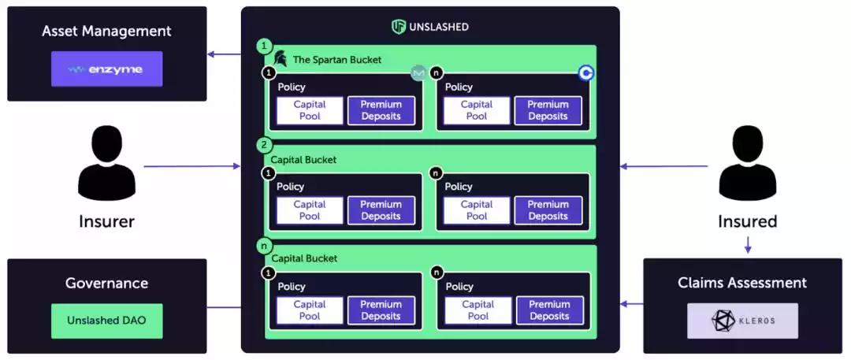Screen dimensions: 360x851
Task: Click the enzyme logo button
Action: click(107, 69)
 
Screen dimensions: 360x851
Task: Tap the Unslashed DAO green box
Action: click(107, 321)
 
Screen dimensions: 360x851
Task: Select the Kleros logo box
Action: click(742, 321)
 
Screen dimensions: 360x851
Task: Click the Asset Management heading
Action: click(107, 32)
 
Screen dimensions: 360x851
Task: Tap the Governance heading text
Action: click(107, 284)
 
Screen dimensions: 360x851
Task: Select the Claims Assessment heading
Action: click(742, 283)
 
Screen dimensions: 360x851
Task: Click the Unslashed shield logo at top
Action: click(399, 27)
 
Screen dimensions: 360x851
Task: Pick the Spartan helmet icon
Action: click(280, 59)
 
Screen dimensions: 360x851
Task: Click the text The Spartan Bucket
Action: click(336, 59)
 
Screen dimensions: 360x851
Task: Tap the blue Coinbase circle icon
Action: click(586, 73)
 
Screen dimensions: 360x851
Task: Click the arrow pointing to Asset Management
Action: click(224, 54)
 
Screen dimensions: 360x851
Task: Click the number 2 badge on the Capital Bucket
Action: click(265, 146)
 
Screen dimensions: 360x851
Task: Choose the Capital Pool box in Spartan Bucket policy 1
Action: click(310, 110)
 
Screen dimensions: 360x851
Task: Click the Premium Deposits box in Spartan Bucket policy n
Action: click(548, 110)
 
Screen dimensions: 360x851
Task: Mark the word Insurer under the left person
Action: click(107, 221)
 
